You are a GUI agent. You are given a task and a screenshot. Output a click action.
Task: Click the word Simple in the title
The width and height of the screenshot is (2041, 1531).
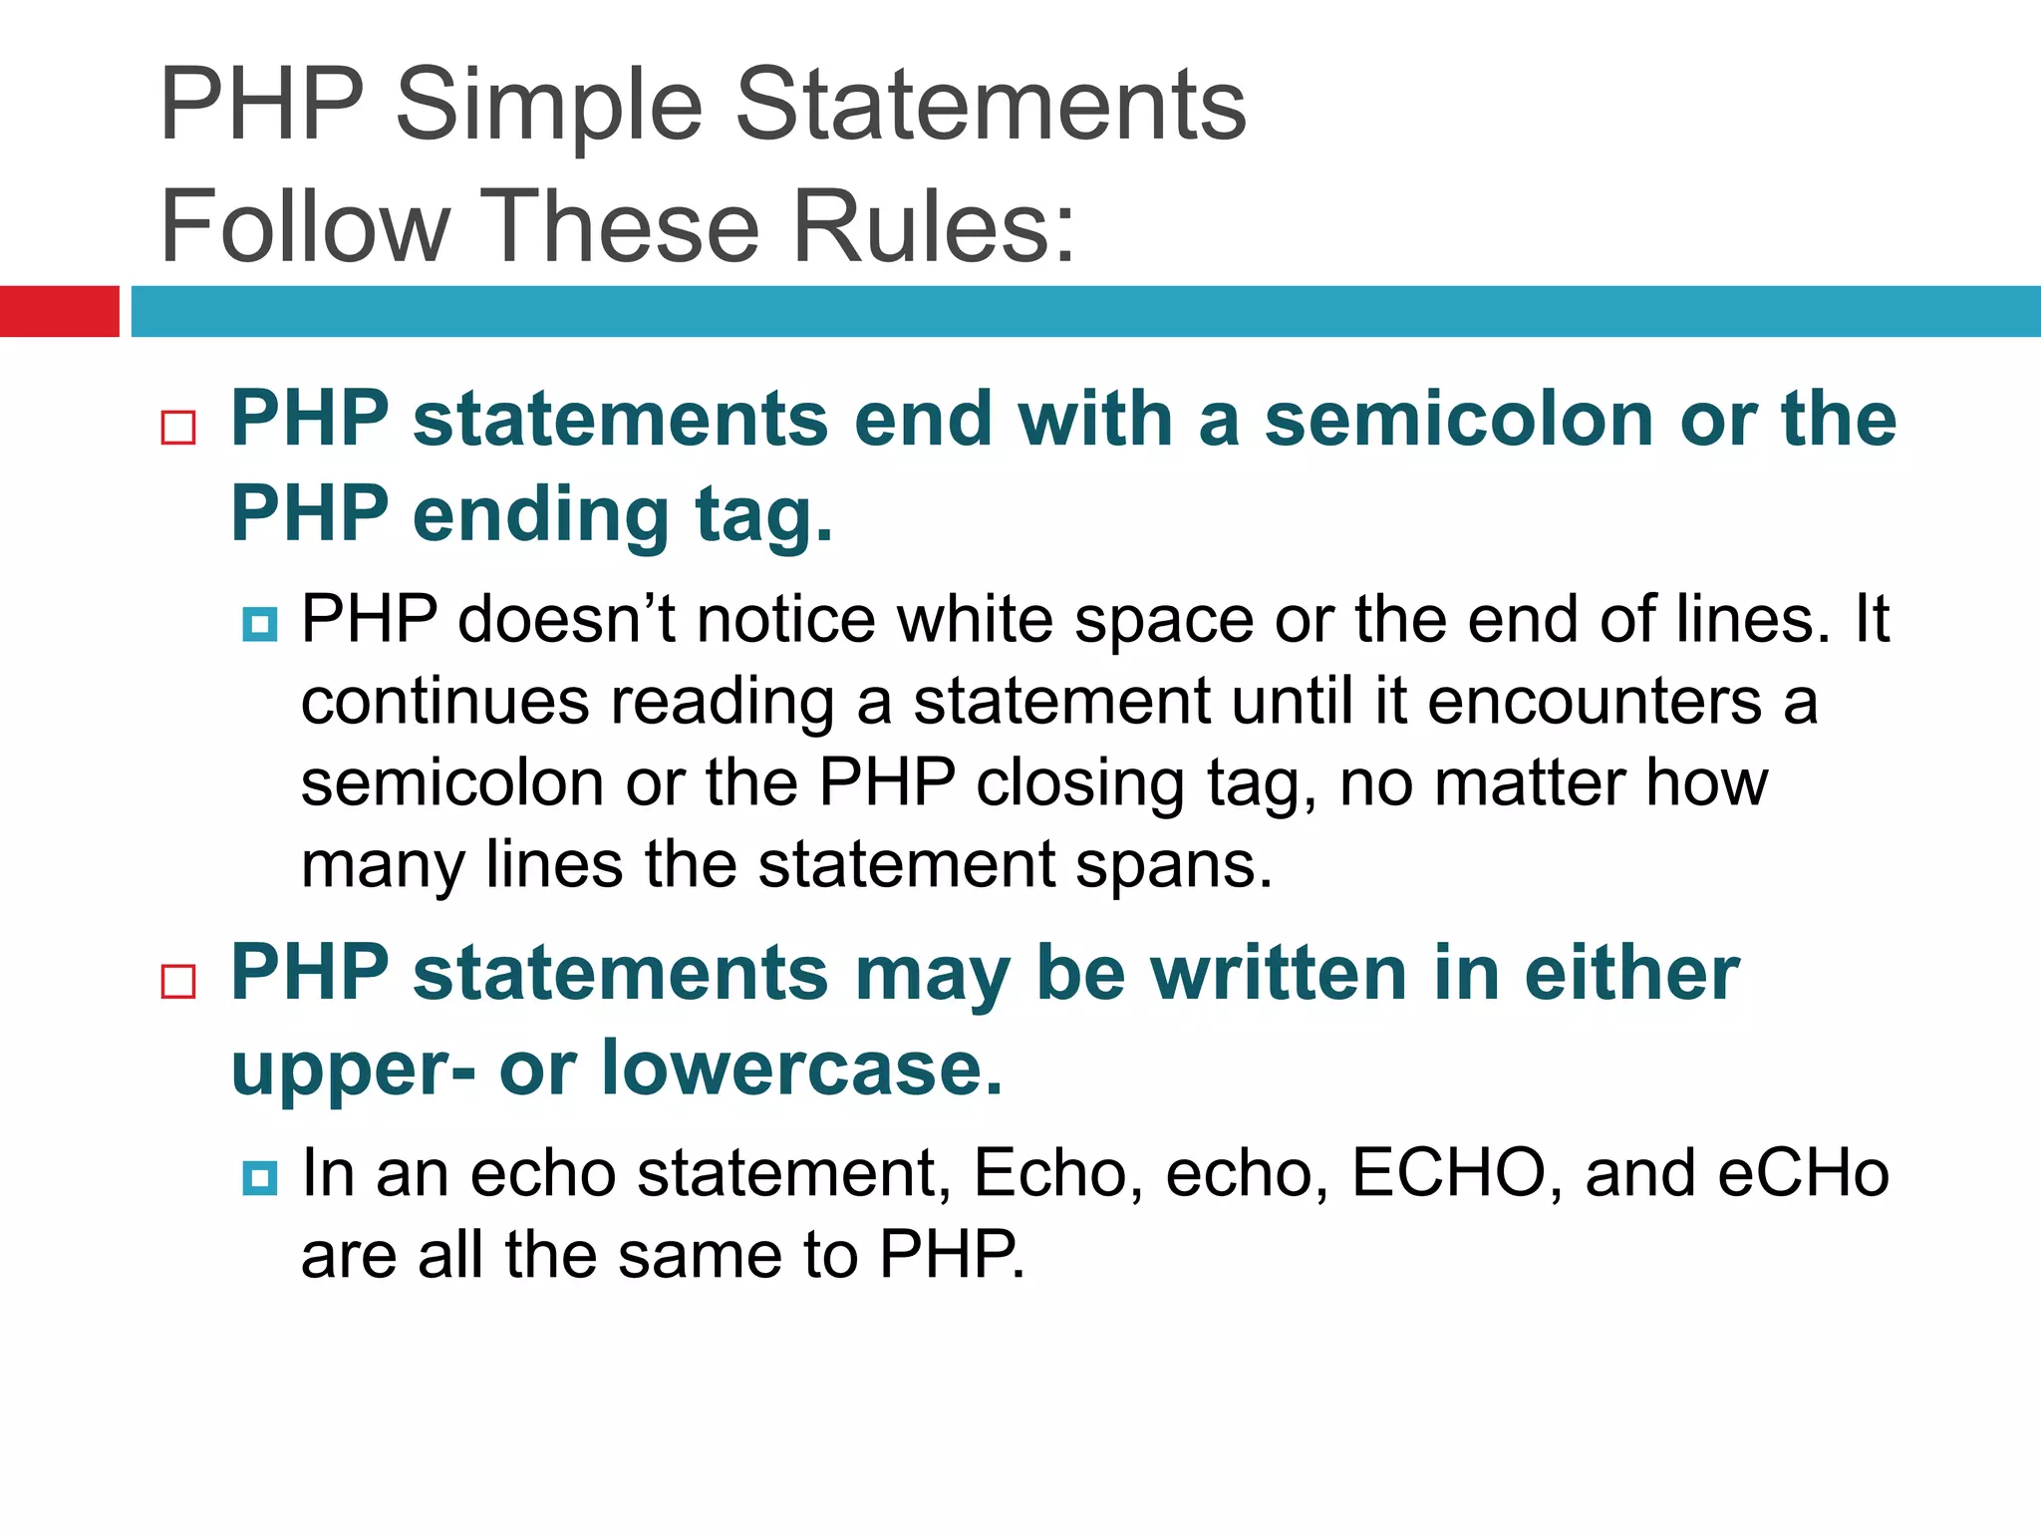point(550,107)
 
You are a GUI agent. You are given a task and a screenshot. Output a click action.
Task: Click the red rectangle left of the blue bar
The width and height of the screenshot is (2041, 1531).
point(59,311)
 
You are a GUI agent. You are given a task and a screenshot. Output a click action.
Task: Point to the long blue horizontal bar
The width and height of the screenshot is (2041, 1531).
point(1085,311)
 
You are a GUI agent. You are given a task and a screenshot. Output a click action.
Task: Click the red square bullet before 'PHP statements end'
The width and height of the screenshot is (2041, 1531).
point(178,428)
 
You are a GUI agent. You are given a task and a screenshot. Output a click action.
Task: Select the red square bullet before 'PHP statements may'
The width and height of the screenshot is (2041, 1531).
point(178,981)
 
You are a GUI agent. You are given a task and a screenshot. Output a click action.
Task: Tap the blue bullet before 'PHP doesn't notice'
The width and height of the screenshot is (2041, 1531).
point(260,625)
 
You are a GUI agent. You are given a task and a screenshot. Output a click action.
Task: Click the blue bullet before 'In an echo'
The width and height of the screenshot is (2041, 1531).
point(260,1178)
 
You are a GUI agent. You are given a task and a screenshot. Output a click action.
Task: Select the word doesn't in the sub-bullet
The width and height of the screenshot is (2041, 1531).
point(567,620)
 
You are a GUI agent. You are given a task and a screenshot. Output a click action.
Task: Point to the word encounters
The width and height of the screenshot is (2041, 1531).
point(1595,702)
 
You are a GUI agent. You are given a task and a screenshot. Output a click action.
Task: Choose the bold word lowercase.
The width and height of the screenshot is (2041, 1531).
point(801,1068)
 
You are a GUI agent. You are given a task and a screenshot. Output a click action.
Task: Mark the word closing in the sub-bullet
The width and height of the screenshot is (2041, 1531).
point(1080,783)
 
